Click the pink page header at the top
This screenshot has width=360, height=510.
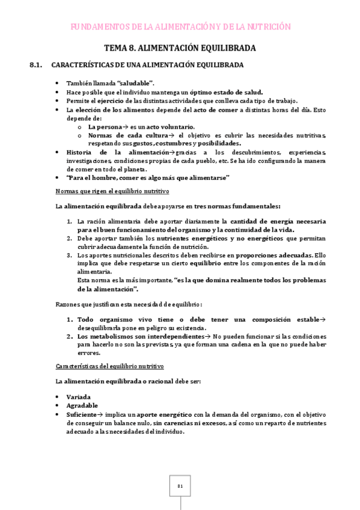point(180,26)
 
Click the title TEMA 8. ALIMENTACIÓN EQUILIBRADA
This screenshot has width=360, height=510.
point(180,48)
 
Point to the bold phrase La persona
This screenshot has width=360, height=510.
point(105,127)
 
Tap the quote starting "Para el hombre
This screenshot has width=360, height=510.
point(148,178)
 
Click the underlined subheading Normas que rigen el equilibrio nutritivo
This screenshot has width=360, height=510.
point(112,191)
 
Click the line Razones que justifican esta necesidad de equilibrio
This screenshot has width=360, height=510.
point(129,304)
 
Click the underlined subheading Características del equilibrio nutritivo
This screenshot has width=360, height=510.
point(109,366)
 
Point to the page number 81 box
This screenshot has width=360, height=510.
point(180,486)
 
